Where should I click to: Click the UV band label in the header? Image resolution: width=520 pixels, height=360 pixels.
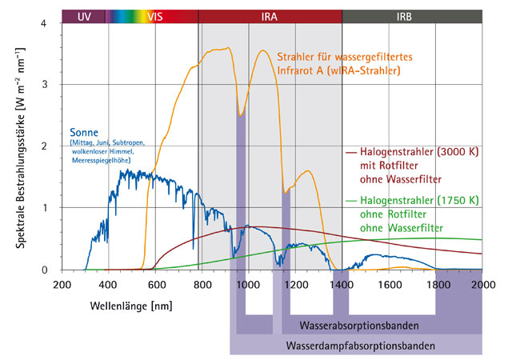(84, 16)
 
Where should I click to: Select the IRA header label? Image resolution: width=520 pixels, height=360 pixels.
(270, 16)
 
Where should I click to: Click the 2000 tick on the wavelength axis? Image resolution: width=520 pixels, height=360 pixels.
(482, 284)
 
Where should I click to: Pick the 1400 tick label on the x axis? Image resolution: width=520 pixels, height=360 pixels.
(342, 284)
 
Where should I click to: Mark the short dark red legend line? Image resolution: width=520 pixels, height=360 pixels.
(350, 150)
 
